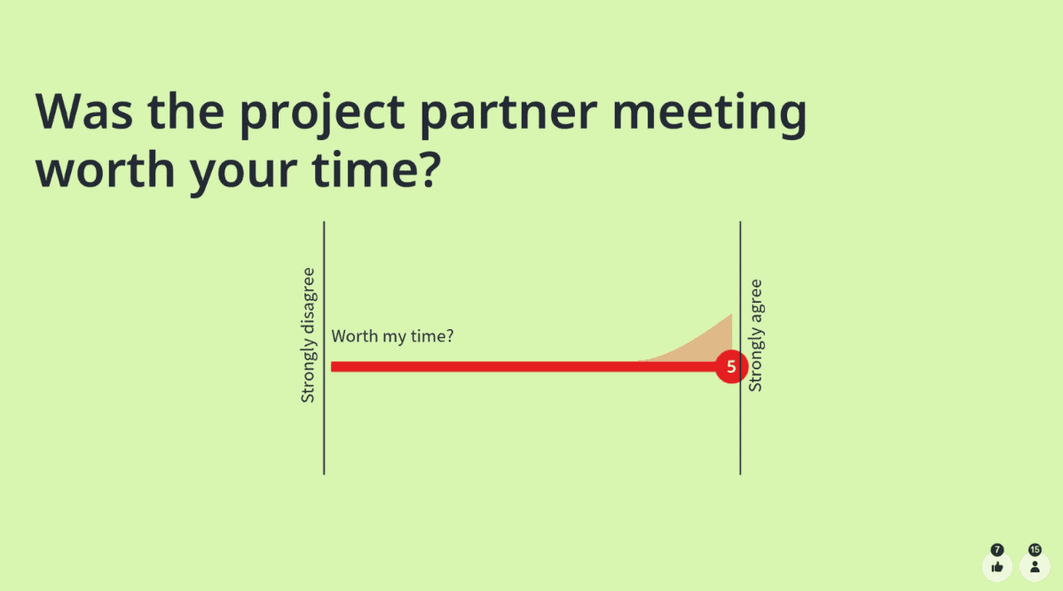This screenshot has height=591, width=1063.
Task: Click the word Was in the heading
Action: point(84,111)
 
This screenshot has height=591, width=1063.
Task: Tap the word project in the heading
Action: point(322,115)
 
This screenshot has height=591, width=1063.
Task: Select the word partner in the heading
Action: point(509,115)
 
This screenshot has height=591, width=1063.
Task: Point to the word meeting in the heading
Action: point(710,115)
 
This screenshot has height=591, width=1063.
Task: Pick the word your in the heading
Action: point(243,174)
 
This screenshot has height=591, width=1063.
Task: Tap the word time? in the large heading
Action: point(377,169)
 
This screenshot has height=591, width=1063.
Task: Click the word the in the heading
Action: point(186,111)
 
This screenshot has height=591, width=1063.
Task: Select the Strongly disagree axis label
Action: point(308,335)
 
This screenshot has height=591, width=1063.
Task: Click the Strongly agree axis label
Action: point(755,335)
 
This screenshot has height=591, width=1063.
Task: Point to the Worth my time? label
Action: point(392,336)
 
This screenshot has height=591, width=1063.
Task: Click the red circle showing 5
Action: point(731,366)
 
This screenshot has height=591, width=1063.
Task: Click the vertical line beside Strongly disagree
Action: point(324,348)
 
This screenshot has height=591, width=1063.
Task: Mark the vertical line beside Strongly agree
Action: point(740,348)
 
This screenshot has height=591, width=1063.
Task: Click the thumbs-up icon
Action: point(997,567)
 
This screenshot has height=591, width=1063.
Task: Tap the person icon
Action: point(1035,567)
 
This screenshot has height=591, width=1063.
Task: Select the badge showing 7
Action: point(997,549)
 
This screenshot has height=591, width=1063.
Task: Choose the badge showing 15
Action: point(1035,549)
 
